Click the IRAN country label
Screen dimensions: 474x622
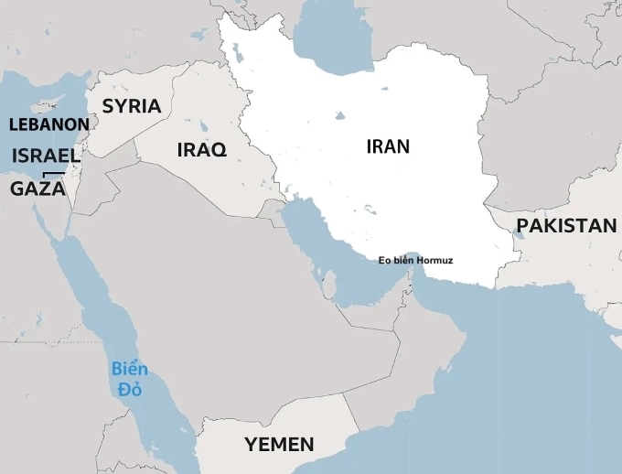point(388,146)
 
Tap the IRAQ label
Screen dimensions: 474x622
point(201,150)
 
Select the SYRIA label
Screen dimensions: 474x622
point(131,106)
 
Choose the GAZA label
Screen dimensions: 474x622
point(38,189)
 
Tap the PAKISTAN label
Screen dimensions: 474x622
point(566,226)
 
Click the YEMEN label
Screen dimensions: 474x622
point(279,446)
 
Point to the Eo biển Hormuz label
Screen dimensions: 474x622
point(415,261)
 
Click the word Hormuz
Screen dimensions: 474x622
point(435,261)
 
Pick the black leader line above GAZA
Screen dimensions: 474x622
point(54,173)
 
